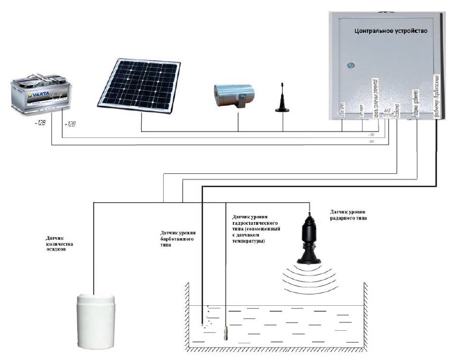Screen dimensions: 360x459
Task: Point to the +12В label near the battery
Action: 69,124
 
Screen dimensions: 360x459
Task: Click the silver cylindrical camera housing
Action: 235,93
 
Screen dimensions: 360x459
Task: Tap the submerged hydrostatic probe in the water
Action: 226,332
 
